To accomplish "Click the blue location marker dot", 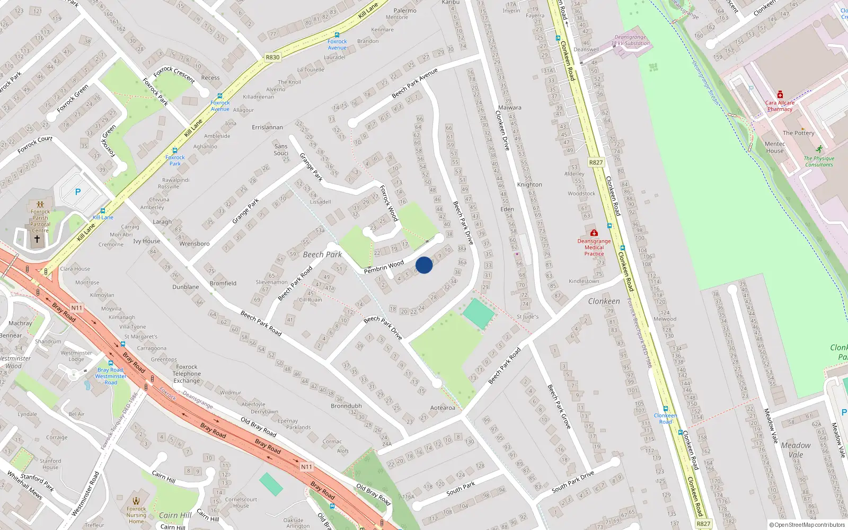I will tap(424, 265).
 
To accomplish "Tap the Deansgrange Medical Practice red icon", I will tap(594, 233).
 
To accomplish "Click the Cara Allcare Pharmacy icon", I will tap(780, 95).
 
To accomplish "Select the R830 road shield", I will tap(272, 57).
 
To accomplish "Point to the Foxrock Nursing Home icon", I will tap(136, 500).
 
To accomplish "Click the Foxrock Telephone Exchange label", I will tap(187, 374).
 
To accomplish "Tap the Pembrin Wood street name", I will tap(384, 267).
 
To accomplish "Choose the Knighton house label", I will tap(529, 184).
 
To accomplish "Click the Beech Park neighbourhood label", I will tap(322, 255).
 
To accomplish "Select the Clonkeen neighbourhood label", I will tap(604, 301).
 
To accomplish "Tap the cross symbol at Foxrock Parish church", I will tap(37, 239).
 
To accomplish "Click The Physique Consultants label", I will tap(819, 161).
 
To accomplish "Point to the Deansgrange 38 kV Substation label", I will tap(630, 40).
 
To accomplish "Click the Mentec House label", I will tap(774, 147).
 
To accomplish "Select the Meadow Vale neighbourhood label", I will tap(796, 450).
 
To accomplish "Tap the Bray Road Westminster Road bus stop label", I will tap(110, 376).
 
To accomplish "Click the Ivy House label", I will tap(146, 241).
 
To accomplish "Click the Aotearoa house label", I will tap(443, 408).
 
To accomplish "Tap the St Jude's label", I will tap(527, 317).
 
